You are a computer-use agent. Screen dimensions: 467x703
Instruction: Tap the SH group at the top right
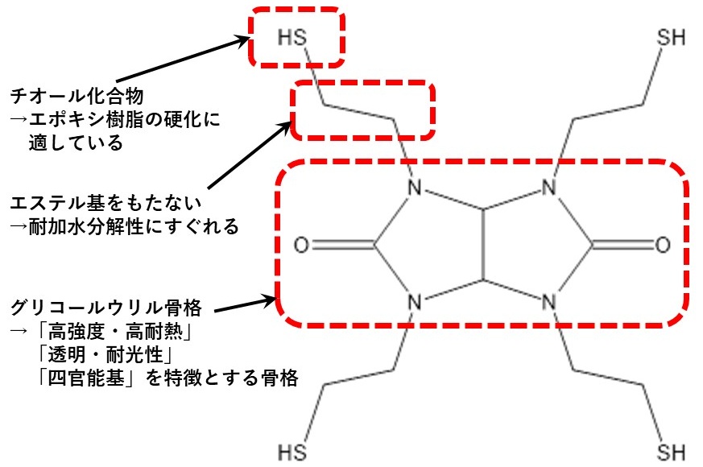671,37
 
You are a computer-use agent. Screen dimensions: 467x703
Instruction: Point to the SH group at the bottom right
671,449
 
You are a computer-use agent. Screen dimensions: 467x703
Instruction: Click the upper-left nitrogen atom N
415,191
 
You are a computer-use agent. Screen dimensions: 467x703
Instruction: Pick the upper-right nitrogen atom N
549,191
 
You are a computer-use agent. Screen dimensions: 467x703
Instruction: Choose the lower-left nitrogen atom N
415,303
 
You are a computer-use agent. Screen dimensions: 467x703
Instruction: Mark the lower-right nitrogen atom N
549,303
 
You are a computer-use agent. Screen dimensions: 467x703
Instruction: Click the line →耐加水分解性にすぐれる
125,227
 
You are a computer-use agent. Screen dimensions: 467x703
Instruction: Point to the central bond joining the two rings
482,246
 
